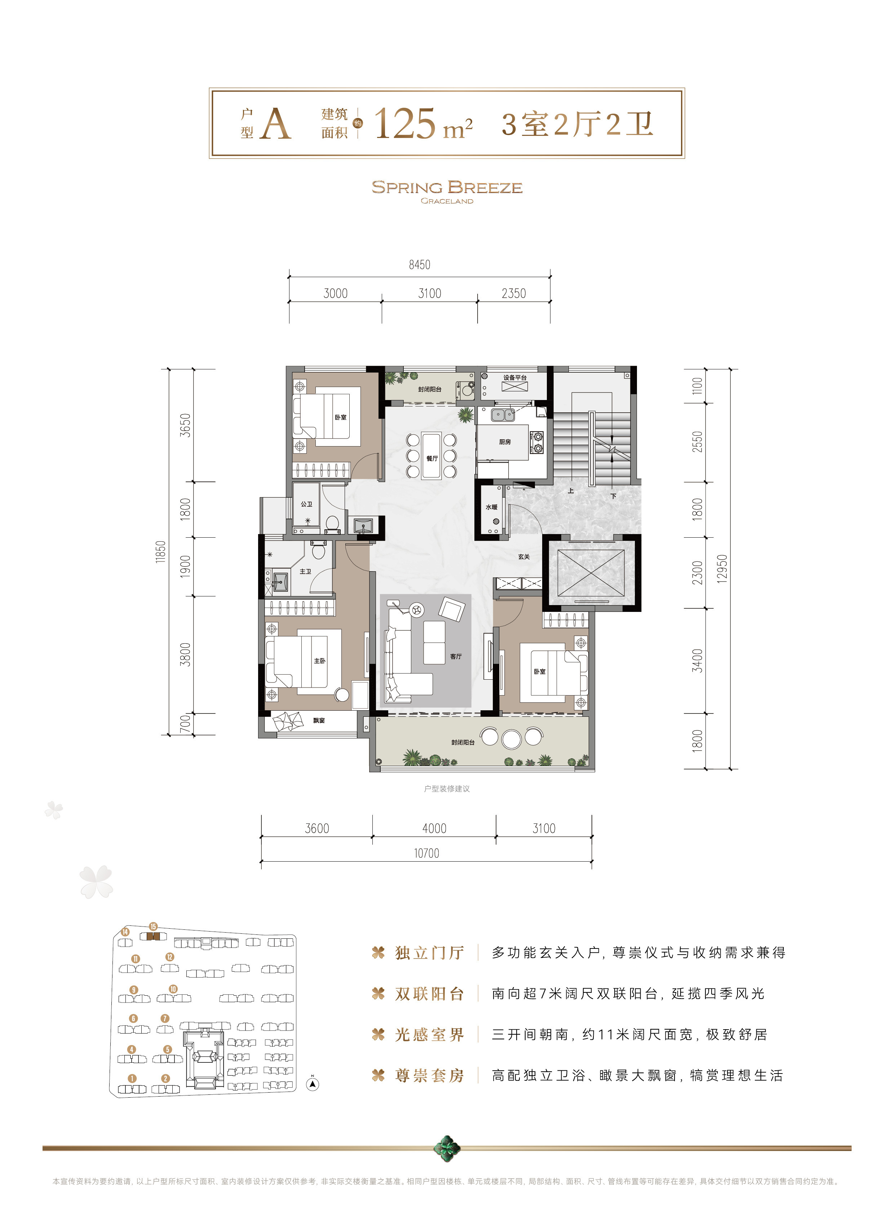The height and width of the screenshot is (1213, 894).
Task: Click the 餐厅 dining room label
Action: (x=432, y=458)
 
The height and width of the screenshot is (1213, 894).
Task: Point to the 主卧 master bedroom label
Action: (x=320, y=661)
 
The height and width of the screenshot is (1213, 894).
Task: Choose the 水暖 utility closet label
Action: (x=491, y=507)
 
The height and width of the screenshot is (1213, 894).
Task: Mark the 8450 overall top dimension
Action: (x=419, y=265)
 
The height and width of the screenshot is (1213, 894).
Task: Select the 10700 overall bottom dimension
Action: (x=426, y=853)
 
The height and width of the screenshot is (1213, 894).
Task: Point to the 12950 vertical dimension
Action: (x=722, y=569)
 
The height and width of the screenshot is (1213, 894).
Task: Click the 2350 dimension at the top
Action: (x=514, y=293)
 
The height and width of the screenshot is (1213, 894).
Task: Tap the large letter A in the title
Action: (x=276, y=124)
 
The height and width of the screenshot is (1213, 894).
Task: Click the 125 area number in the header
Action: (x=405, y=123)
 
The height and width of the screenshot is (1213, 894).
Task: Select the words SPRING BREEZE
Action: (x=447, y=187)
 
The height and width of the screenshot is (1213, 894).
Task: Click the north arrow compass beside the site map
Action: (x=313, y=1084)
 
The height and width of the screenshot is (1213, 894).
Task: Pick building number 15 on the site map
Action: (x=153, y=926)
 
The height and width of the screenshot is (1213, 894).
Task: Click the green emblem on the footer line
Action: (x=447, y=1147)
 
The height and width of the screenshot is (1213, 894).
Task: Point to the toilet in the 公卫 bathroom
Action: (x=333, y=523)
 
